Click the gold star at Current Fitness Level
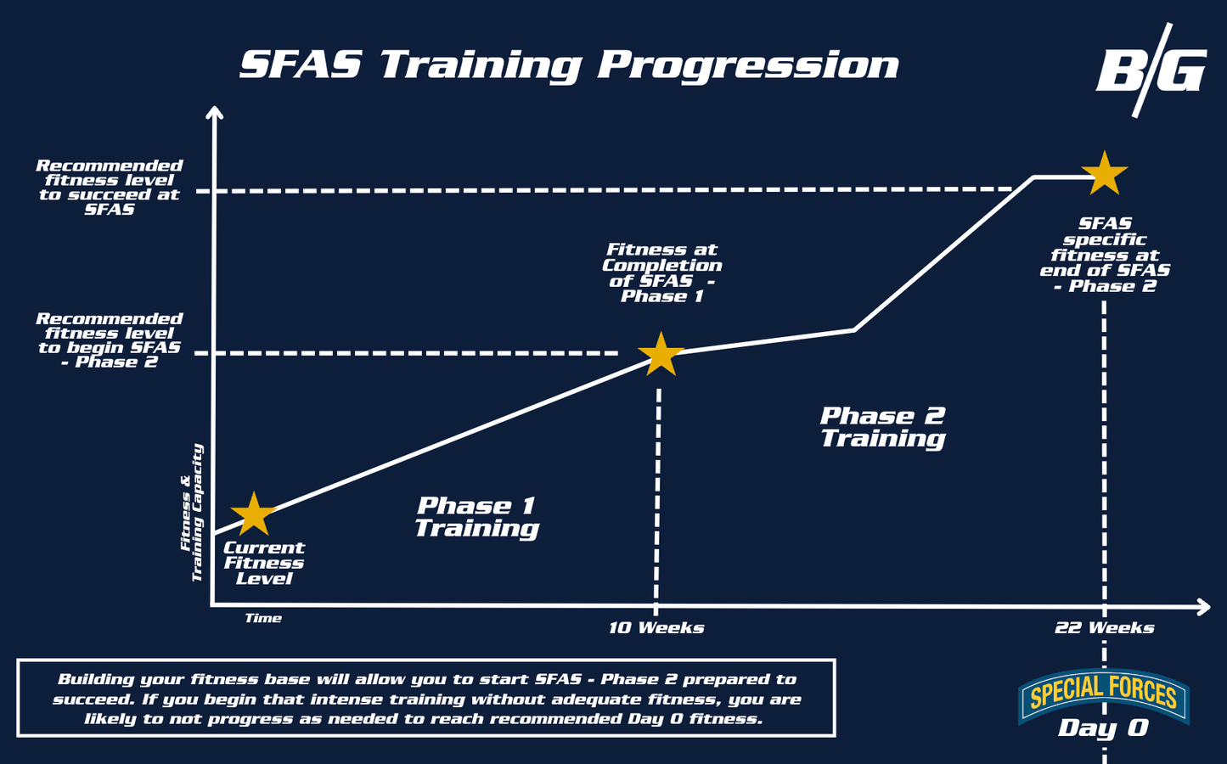point(253,514)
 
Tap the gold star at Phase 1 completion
point(661,354)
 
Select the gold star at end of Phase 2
point(1104,174)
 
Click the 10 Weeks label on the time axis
point(656,627)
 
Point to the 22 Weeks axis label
point(1104,627)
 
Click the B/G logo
point(1151,70)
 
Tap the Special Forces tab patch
point(1103,695)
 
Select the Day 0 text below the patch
point(1103,728)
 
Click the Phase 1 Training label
point(477,517)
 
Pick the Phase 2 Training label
point(883,427)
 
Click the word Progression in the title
point(748,65)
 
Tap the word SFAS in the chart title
point(301,65)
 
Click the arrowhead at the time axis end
point(1204,607)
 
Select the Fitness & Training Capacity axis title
point(192,513)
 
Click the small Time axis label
point(263,618)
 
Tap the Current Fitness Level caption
point(264,563)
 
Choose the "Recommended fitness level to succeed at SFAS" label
point(109,188)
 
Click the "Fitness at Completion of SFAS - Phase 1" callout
point(661,272)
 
